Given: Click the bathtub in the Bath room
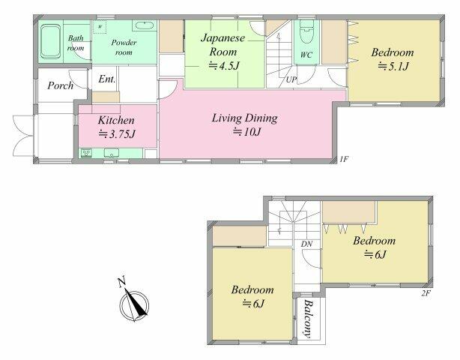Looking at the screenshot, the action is [x=50, y=41].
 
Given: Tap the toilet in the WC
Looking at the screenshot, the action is [x=306, y=31].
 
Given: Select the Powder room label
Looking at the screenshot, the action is [x=124, y=47].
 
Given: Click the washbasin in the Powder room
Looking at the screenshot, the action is [x=144, y=25].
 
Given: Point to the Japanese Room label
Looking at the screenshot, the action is [x=223, y=45].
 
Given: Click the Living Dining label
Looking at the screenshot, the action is [x=244, y=118].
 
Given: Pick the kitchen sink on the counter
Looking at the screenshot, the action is [x=112, y=153].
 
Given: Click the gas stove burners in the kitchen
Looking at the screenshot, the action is [x=87, y=153].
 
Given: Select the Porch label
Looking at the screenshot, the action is [x=60, y=85].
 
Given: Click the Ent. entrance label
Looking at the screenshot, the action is [x=107, y=79].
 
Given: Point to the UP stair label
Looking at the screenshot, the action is [x=291, y=79].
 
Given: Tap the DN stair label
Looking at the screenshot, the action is [x=306, y=244].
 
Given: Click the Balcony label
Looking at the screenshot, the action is [x=307, y=319].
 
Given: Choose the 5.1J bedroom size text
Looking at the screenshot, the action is [x=393, y=67].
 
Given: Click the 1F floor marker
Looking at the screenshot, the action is [x=344, y=160].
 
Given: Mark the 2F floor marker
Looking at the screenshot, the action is [x=426, y=293].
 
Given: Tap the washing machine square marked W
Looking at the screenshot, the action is [x=100, y=27].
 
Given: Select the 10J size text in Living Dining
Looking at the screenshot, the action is [x=247, y=133].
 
